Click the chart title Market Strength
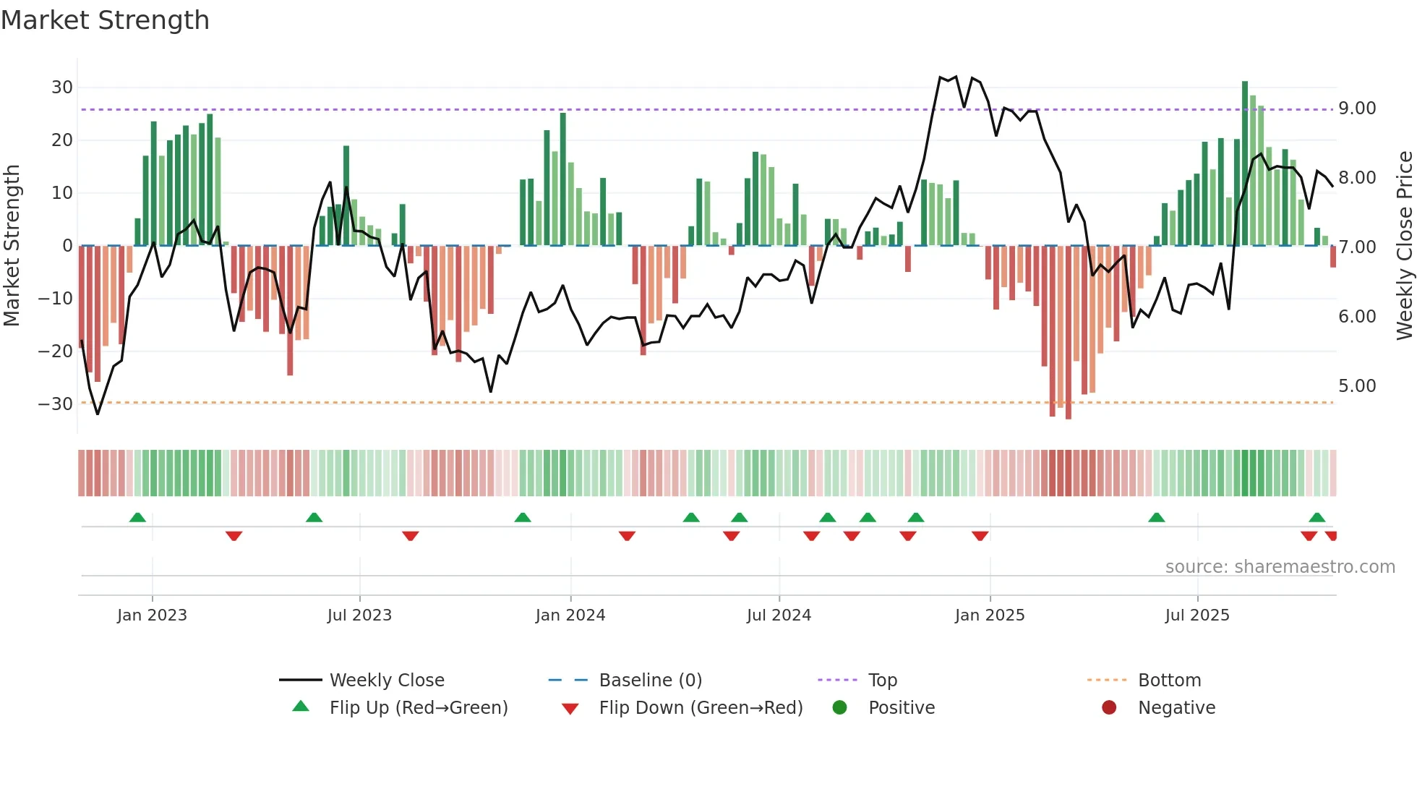tap(105, 20)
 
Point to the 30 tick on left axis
tap(62, 88)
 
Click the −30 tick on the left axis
tap(56, 404)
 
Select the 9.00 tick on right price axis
tap(1357, 108)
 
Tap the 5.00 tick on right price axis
tap(1357, 386)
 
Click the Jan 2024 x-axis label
tap(570, 615)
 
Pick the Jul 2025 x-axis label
tap(1196, 615)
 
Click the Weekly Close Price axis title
tap(1404, 246)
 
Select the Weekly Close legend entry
tap(386, 681)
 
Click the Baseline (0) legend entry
tap(650, 681)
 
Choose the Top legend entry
tap(882, 681)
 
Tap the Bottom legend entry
tap(1169, 681)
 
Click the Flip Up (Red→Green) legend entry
tap(418, 708)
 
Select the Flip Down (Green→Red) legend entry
tap(700, 708)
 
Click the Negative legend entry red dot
tap(1109, 707)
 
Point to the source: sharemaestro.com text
tap(1280, 567)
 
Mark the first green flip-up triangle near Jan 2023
tap(137, 517)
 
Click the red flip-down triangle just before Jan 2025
tap(980, 536)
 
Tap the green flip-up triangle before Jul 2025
tap(1156, 517)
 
